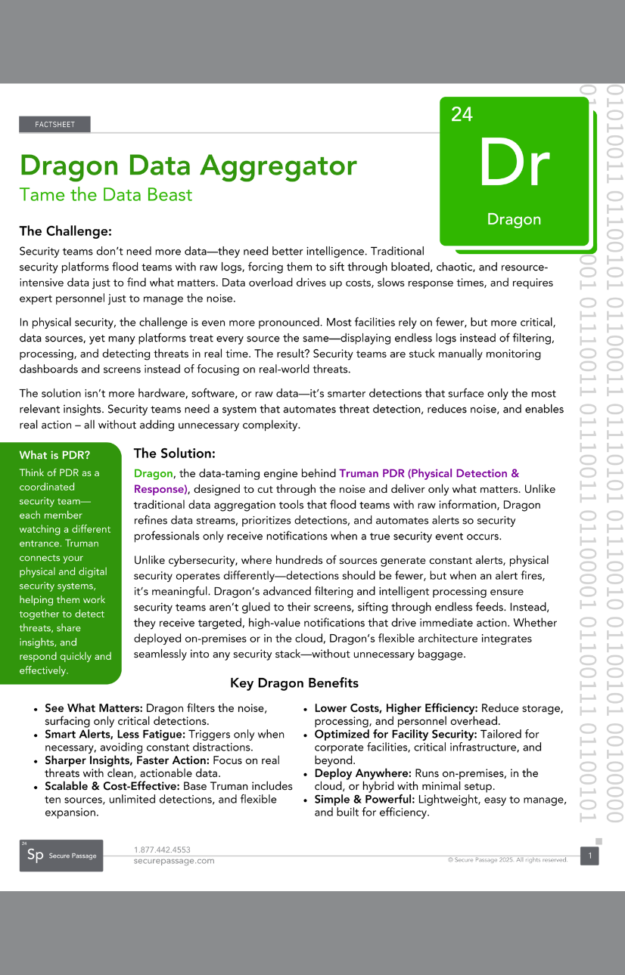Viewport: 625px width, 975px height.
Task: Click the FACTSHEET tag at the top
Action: pos(54,125)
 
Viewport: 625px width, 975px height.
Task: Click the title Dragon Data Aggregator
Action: pos(188,166)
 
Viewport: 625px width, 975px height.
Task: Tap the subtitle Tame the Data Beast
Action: pos(106,194)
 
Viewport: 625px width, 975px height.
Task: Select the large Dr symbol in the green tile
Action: pos(513,163)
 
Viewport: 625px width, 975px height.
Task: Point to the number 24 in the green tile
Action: pos(462,114)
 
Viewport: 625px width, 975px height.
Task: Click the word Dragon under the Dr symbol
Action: pos(514,220)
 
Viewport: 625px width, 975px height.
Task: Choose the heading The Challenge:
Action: pos(66,231)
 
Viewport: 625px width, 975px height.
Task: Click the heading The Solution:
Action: pos(175,453)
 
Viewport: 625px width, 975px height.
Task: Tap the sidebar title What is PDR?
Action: pos(54,455)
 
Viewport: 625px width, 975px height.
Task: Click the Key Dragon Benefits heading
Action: pos(294,683)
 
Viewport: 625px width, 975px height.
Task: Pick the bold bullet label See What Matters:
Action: pos(94,708)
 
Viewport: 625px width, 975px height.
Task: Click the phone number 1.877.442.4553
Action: pos(162,850)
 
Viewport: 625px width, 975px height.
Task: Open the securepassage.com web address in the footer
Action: pos(174,861)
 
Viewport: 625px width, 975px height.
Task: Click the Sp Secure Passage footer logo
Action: pos(61,856)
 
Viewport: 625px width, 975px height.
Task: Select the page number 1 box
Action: pos(589,856)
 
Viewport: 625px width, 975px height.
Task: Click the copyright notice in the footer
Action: pos(508,860)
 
